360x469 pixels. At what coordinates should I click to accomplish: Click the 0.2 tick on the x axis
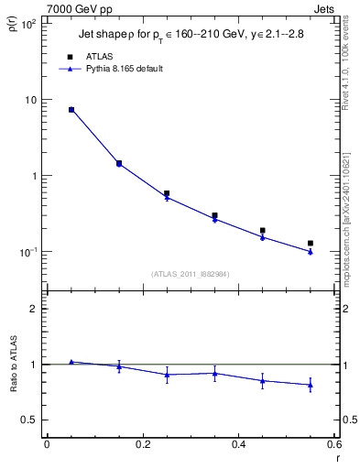click(142, 446)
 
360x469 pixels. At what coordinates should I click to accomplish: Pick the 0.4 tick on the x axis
click(238, 446)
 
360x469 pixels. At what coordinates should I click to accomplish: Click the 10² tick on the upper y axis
click(29, 24)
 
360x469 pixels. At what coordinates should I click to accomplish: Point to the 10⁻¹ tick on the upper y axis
click(29, 252)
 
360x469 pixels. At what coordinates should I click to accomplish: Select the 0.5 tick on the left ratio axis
click(30, 420)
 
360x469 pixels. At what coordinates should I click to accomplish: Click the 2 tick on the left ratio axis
click(36, 309)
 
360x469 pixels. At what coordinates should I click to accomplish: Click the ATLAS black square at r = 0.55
click(311, 243)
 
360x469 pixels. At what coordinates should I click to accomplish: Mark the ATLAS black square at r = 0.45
click(263, 231)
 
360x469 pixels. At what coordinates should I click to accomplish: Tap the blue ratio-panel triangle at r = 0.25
click(167, 375)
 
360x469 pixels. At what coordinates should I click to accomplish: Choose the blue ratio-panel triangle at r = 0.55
click(311, 385)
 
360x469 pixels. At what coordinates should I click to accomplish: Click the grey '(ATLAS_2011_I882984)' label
click(190, 273)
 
